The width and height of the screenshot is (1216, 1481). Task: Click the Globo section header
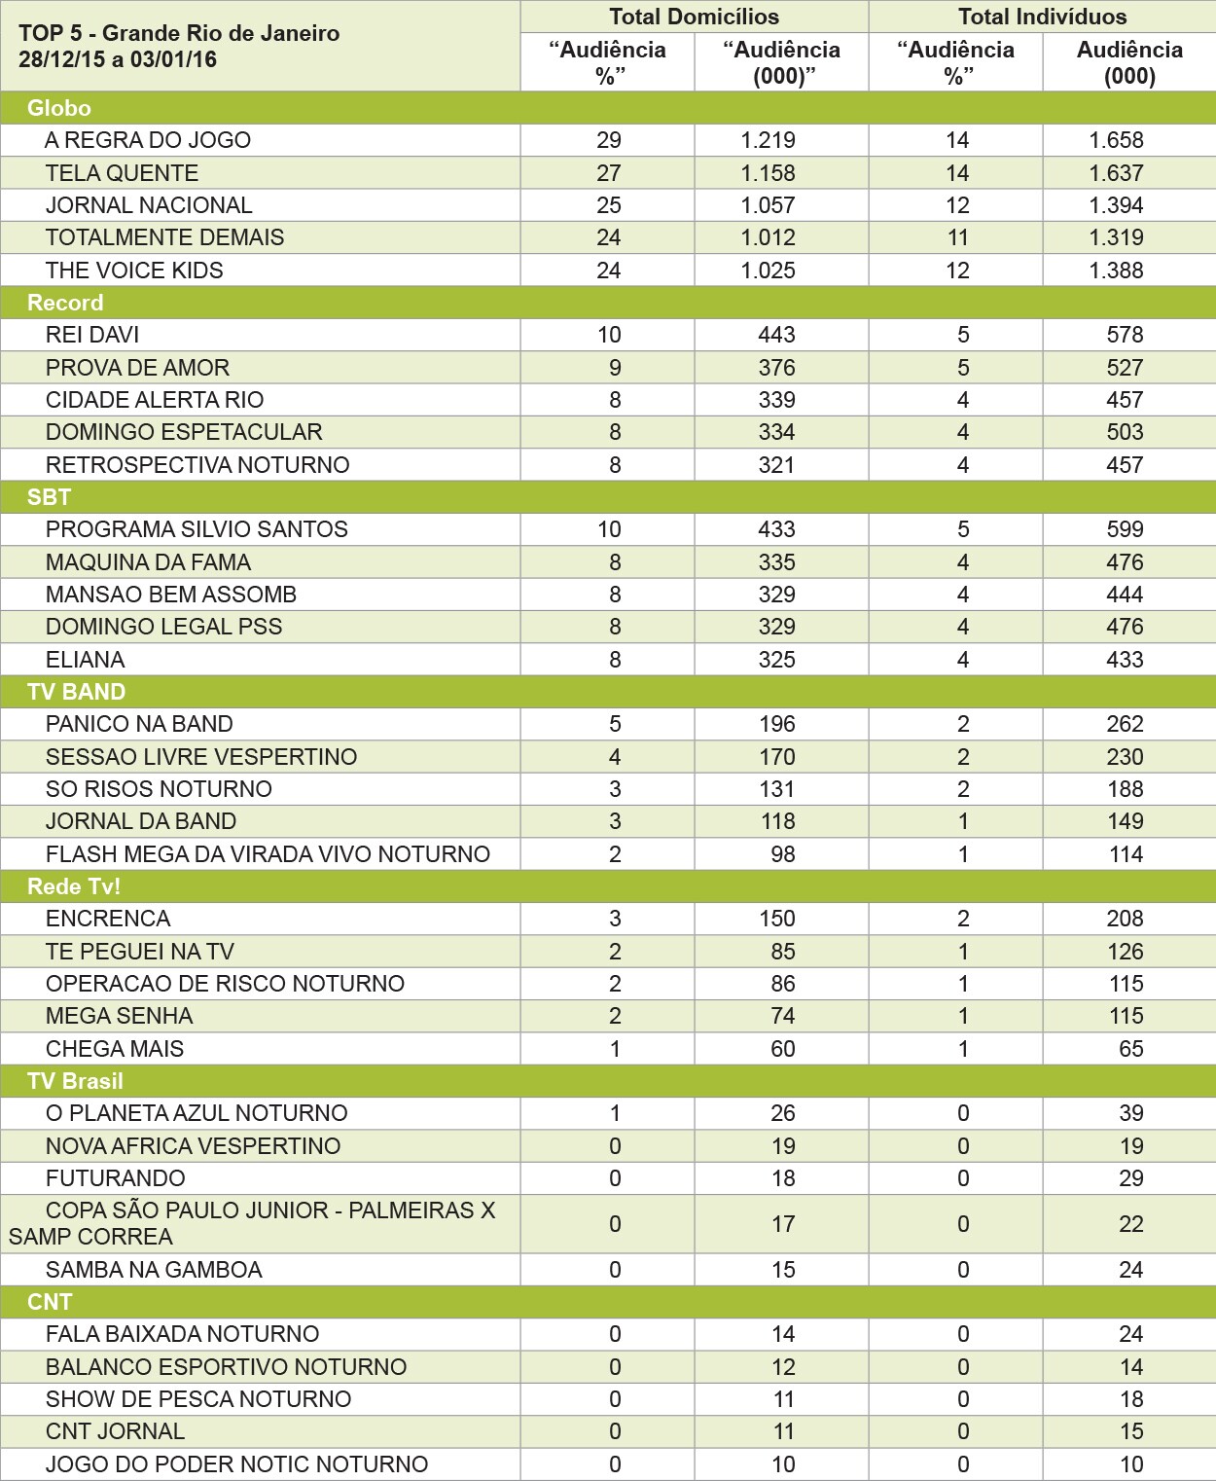[x=59, y=108]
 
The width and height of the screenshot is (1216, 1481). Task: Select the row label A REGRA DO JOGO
[x=148, y=140]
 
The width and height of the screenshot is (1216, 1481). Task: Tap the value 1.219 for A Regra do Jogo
[x=768, y=140]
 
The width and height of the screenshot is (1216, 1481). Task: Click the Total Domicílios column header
[x=694, y=17]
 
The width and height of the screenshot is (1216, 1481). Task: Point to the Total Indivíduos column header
[x=1042, y=17]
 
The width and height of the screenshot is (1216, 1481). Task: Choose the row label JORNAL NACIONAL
[x=149, y=205]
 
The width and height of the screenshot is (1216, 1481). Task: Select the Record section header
[x=65, y=303]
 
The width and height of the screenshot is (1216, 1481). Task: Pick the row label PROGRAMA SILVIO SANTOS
[x=197, y=529]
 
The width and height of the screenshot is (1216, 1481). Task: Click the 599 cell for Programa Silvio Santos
[x=1125, y=529]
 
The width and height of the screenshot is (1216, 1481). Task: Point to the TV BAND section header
[x=76, y=692]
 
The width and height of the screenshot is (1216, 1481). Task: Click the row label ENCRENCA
[x=108, y=919]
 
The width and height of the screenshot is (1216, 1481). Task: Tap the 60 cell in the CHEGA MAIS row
[x=782, y=1049]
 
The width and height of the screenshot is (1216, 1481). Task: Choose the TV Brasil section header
[x=75, y=1081]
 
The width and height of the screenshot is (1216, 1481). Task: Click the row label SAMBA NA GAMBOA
[x=154, y=1270]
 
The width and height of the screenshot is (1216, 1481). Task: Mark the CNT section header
[x=50, y=1302]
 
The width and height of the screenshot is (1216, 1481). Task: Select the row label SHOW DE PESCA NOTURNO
[x=198, y=1399]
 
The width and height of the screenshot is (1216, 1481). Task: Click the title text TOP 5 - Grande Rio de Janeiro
[x=179, y=33]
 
